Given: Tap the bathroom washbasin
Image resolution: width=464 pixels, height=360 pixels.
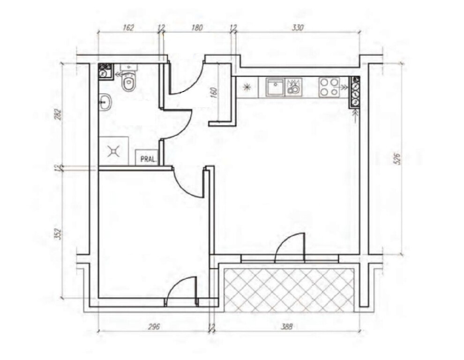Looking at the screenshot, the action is (x=105, y=103).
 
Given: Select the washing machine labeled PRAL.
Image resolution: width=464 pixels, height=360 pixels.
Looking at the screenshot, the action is (x=148, y=157).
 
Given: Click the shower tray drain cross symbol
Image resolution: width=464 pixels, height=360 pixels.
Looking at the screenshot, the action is (x=113, y=151).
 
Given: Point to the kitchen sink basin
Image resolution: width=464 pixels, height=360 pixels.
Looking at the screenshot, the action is (x=275, y=87).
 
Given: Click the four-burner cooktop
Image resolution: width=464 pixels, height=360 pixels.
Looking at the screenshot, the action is (x=329, y=87).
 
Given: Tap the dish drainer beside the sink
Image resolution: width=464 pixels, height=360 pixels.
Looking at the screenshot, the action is (x=293, y=87).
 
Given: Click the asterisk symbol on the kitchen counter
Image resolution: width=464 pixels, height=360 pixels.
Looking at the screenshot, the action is (x=246, y=87).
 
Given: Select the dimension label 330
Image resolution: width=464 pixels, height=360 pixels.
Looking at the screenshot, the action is (x=298, y=28).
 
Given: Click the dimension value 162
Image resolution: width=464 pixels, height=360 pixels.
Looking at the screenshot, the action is (x=128, y=28).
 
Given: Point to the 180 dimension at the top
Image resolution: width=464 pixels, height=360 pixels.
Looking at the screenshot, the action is (x=197, y=28).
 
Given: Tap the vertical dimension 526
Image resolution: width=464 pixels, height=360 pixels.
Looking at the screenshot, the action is (x=397, y=159).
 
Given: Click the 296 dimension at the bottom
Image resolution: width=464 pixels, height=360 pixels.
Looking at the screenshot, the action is (x=154, y=327).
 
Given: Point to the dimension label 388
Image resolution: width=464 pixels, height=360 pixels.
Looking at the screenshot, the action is (x=286, y=327).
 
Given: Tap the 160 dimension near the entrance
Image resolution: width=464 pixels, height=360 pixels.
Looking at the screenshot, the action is (x=215, y=92).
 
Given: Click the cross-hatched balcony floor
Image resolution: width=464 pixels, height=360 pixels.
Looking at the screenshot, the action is (x=289, y=290).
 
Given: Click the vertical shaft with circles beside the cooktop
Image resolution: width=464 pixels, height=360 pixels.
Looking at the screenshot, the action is (x=355, y=91).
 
